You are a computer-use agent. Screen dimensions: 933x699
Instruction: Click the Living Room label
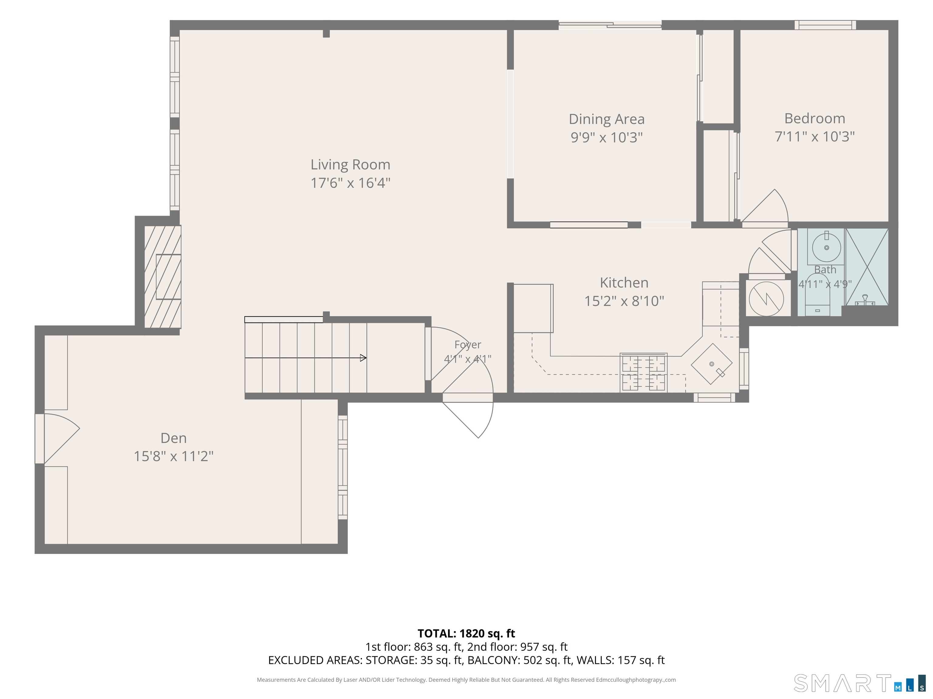tap(350, 164)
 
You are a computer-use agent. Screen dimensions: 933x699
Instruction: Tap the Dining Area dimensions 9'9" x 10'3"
tap(607, 137)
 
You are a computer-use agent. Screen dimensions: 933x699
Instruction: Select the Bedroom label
tap(815, 118)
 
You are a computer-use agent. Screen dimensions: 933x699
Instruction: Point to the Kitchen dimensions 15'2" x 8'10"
tap(624, 301)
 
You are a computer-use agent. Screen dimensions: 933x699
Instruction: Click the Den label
tap(173, 438)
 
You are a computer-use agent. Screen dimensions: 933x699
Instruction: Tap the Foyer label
tap(468, 345)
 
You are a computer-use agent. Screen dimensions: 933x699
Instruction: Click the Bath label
tap(825, 270)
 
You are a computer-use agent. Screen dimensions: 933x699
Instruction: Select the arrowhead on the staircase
tap(363, 358)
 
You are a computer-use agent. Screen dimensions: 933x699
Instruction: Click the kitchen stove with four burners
tap(643, 373)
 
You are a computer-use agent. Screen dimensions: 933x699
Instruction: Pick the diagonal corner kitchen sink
tap(712, 364)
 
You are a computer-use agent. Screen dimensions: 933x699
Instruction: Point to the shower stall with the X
tap(867, 267)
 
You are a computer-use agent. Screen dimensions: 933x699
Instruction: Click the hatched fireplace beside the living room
tap(163, 276)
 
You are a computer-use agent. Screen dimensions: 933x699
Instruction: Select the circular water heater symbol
tap(766, 299)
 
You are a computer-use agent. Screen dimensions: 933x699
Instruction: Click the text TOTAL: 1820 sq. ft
tap(466, 633)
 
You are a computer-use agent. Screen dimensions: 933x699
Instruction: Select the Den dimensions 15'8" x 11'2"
tap(173, 456)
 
